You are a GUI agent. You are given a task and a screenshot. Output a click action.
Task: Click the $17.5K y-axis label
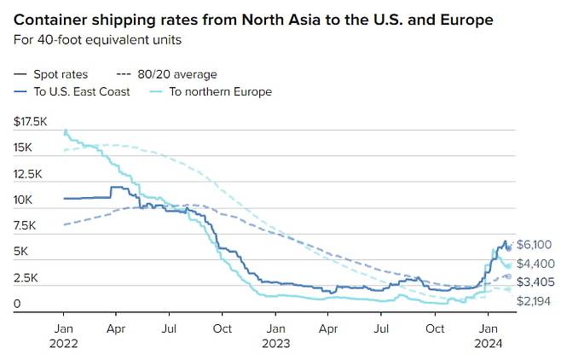31,122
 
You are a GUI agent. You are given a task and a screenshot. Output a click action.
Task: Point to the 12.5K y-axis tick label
28,174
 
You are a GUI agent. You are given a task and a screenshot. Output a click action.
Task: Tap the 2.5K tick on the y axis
26,278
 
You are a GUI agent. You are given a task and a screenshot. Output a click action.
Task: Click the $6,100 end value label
535,244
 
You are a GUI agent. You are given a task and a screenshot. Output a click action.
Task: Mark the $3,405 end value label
535,282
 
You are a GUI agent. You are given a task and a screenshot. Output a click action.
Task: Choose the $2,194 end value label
535,302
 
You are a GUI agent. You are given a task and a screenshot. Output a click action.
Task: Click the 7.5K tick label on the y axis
26,226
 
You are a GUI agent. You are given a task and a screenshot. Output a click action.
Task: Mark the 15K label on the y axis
23,148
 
